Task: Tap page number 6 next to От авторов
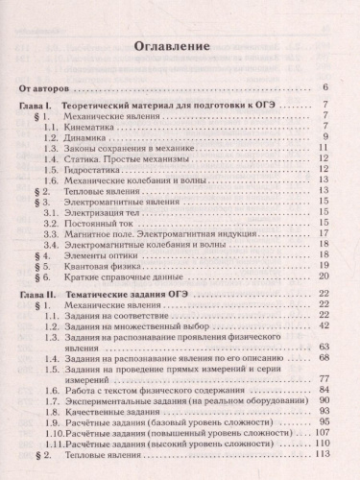pos(326,87)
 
